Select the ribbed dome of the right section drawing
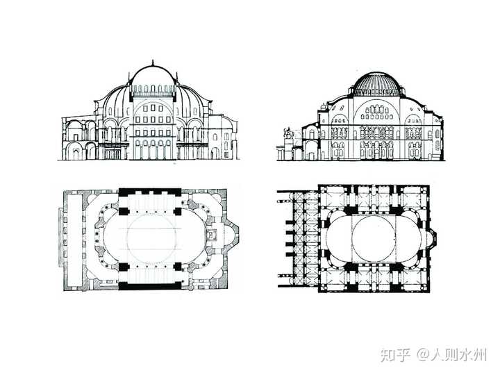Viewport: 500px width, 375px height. pyautogui.click(x=376, y=84)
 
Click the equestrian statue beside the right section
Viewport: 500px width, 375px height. pyautogui.click(x=287, y=136)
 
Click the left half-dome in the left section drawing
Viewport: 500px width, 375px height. pyautogui.click(x=115, y=97)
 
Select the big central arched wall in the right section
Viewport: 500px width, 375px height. pyautogui.click(x=376, y=125)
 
